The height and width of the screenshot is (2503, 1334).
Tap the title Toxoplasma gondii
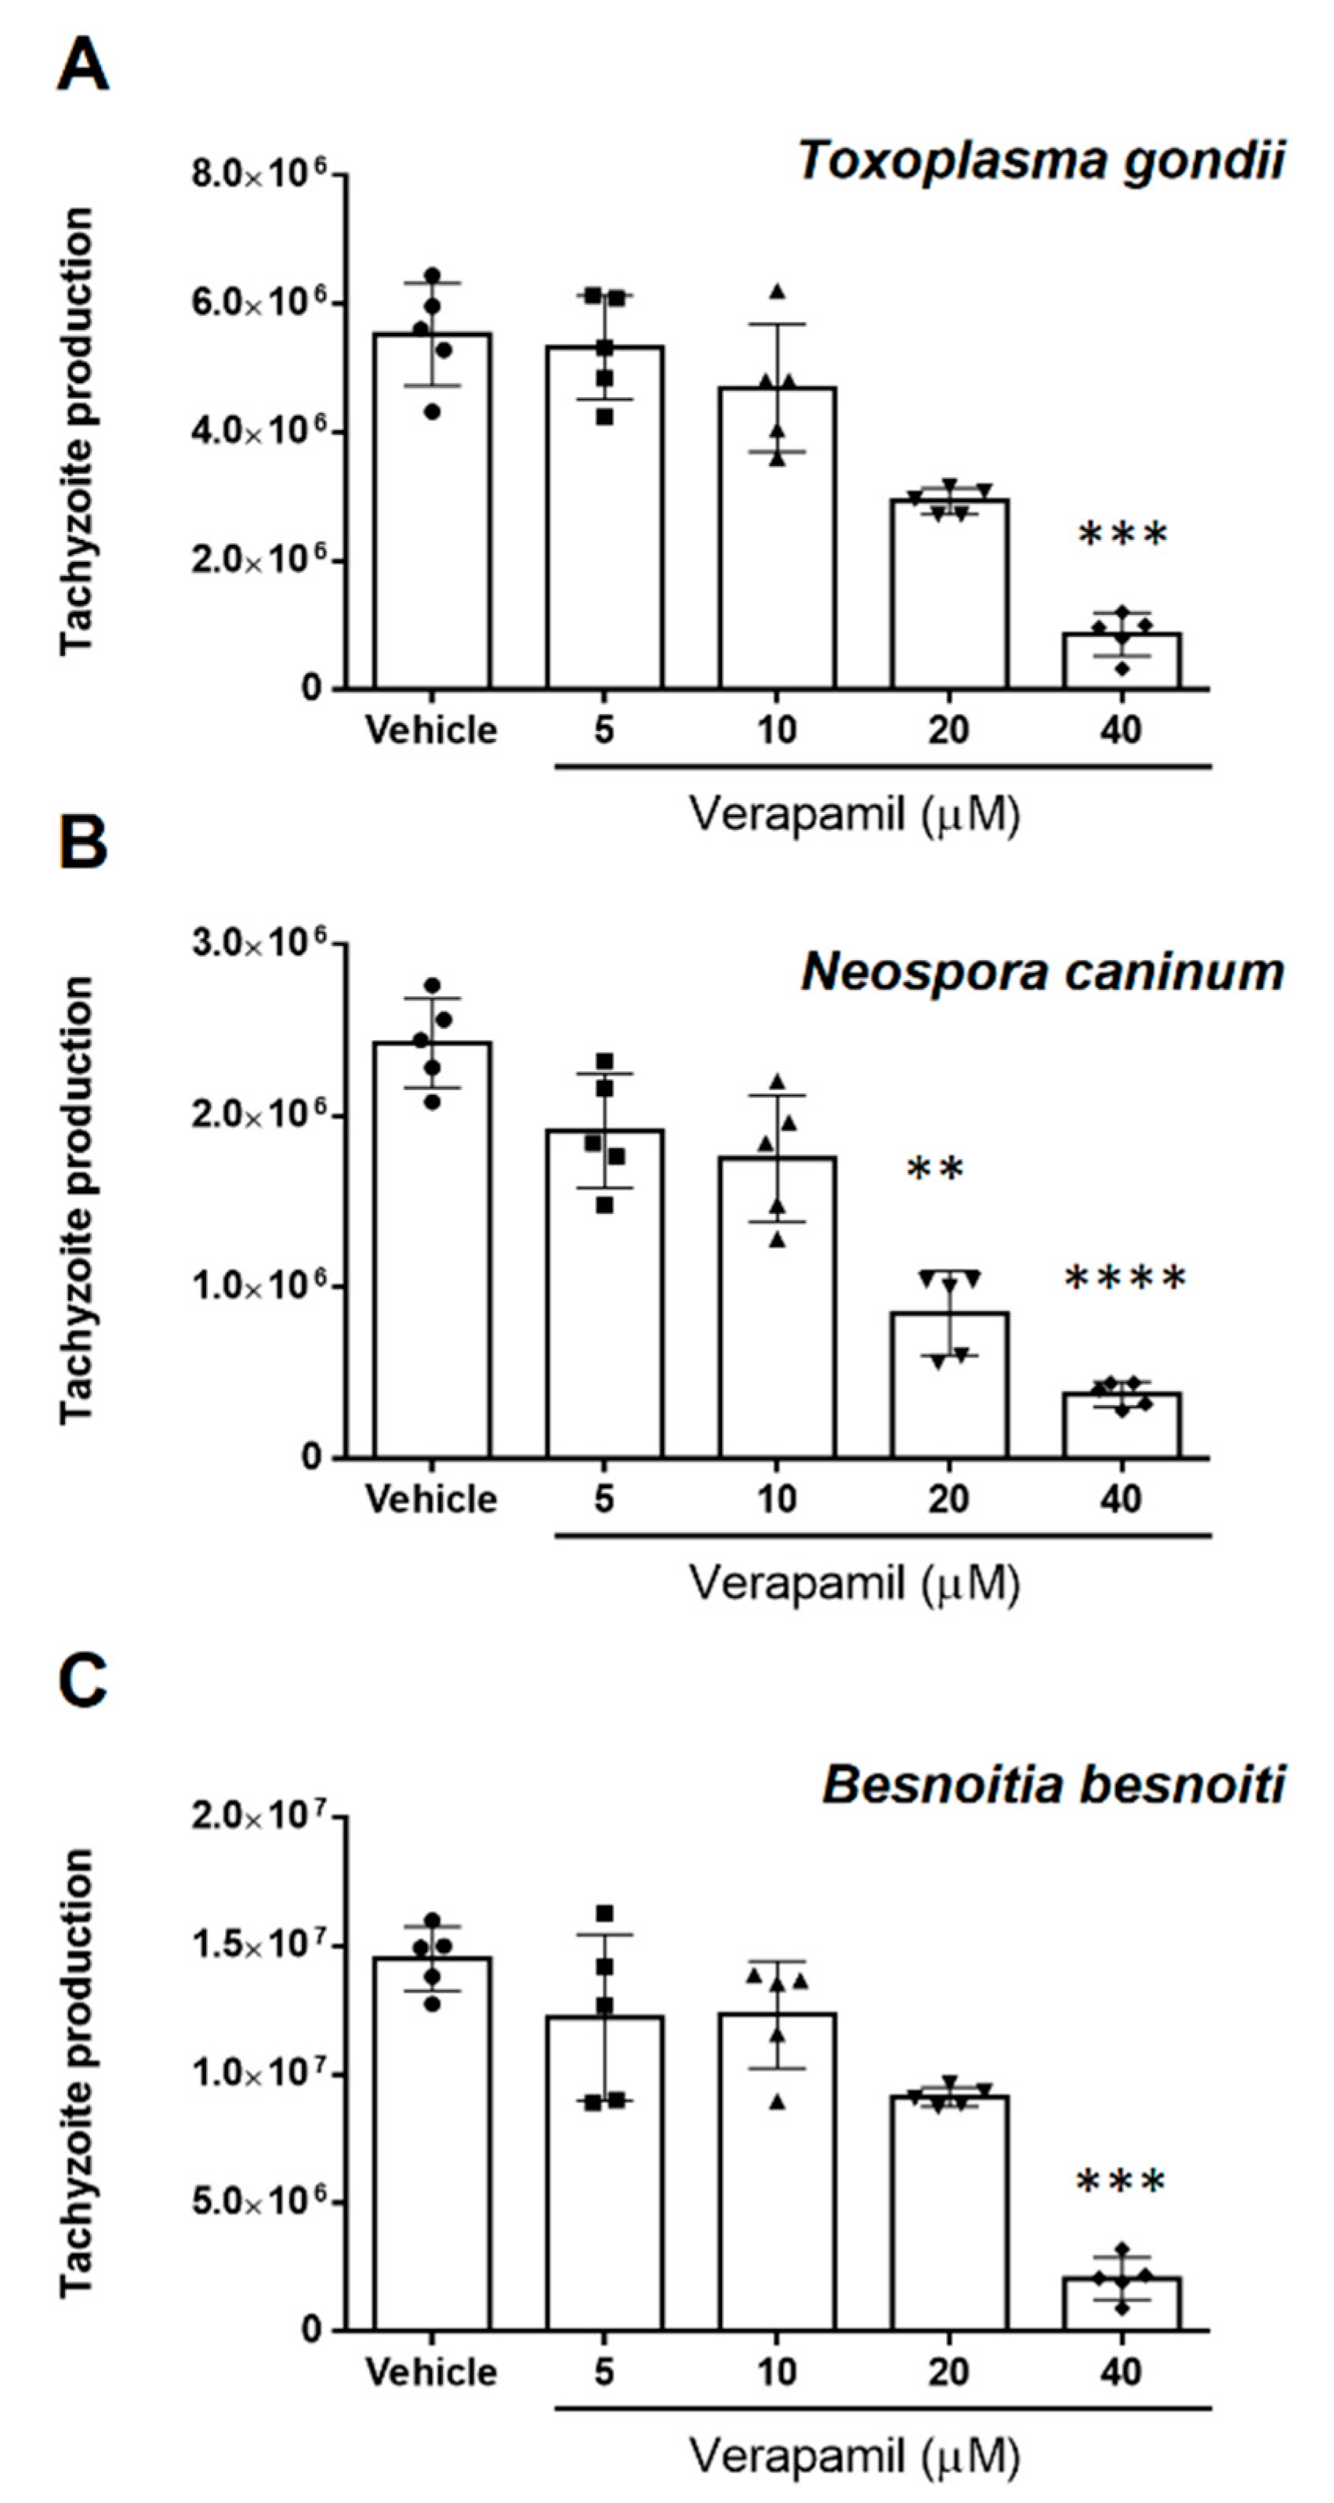pos(1042,161)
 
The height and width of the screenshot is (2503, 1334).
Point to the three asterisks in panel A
pos(1122,534)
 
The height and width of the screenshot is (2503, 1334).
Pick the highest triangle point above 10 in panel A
pos(776,292)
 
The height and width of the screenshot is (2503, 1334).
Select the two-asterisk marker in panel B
pos(935,1169)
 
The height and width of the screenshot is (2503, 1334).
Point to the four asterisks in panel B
pos(1125,1279)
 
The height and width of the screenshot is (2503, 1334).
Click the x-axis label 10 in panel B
pos(776,1499)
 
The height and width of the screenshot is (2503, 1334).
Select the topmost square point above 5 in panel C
pos(605,1913)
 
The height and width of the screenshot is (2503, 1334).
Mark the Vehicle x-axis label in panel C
pos(431,2373)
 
